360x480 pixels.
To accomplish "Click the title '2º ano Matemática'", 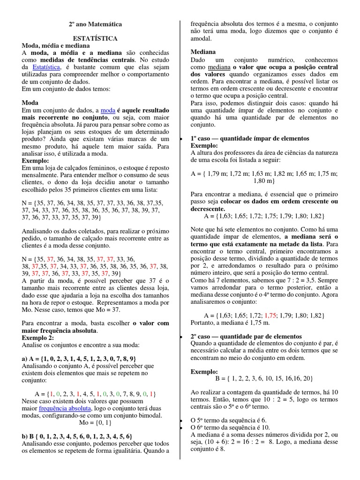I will coord(95,23).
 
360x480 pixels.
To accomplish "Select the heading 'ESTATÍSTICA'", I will coord(95,38).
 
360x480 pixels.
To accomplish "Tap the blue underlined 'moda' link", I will coord(108,109).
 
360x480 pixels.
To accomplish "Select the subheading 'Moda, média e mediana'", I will coord(56,45).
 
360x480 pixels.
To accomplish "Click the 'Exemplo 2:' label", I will coord(38,337).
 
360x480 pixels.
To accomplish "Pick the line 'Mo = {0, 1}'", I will coord(96,422).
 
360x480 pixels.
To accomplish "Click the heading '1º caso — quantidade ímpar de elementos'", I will coord(250,138).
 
